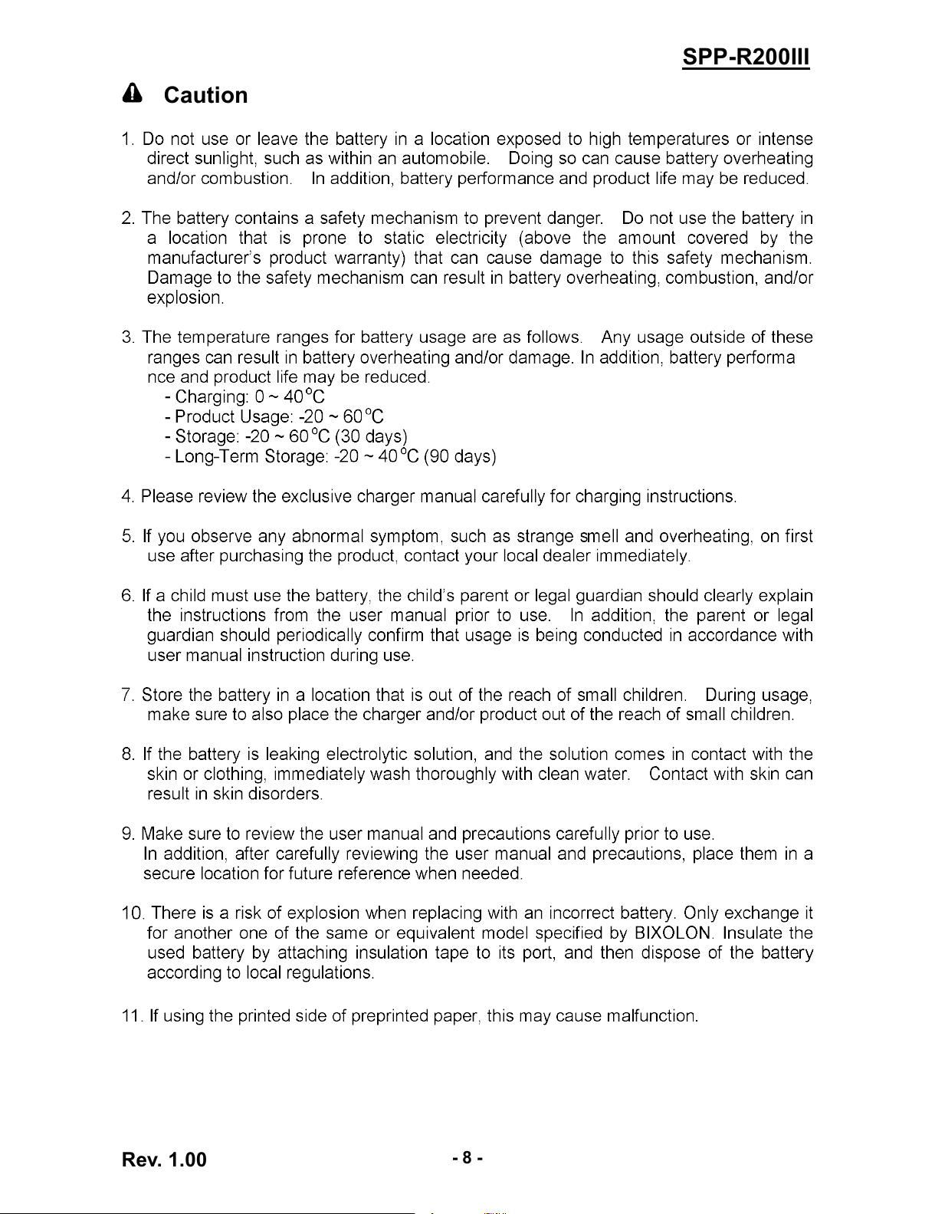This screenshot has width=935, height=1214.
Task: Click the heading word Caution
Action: [x=206, y=96]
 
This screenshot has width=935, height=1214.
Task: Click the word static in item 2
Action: [x=404, y=238]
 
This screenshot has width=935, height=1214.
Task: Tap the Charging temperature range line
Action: [x=244, y=397]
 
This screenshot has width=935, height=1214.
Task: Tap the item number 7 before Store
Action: [x=127, y=696]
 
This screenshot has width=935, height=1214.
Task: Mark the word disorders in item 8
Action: [x=284, y=795]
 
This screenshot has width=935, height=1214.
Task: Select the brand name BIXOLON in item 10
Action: [x=673, y=933]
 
